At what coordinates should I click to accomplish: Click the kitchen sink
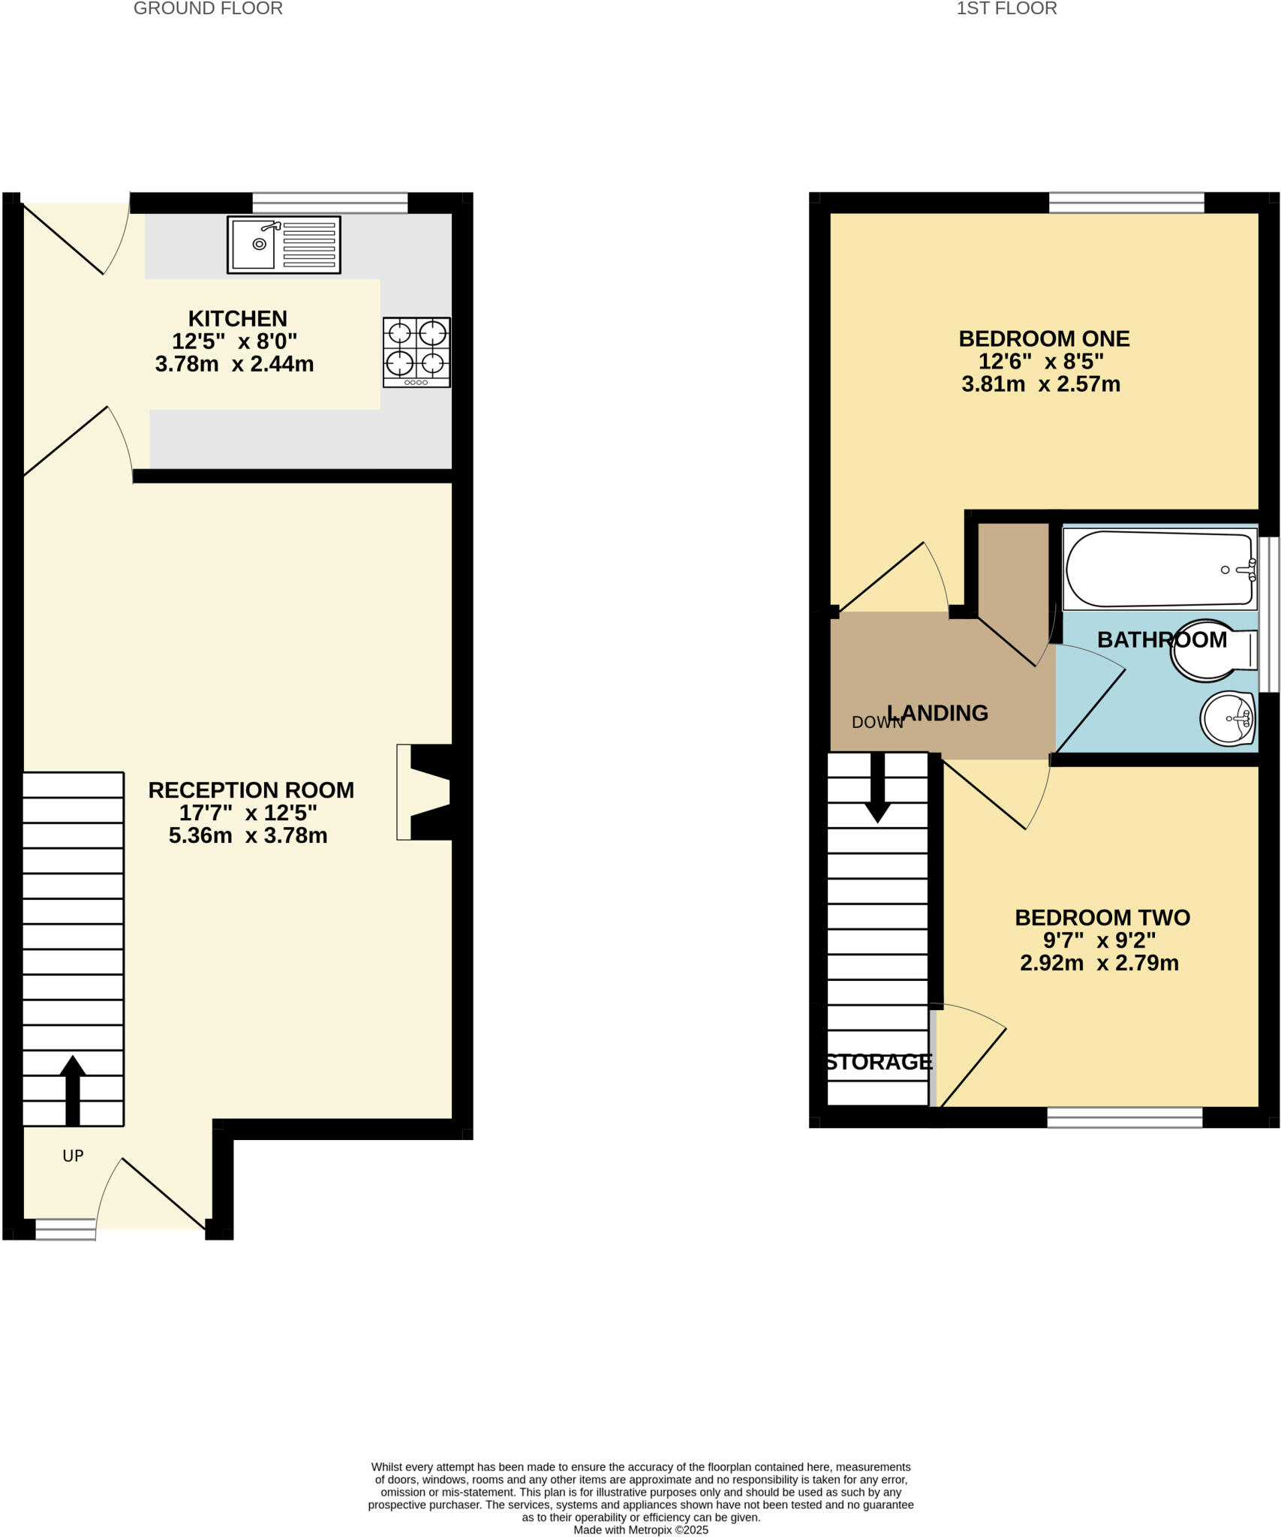point(283,245)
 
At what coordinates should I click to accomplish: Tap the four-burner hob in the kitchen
point(416,352)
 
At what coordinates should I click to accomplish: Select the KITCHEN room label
point(237,318)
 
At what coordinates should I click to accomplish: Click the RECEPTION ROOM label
point(251,790)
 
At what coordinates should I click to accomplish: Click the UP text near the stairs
point(73,1156)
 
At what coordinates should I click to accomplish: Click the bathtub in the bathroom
point(1159,570)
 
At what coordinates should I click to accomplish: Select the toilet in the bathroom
point(1212,650)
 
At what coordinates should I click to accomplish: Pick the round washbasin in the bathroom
point(1228,718)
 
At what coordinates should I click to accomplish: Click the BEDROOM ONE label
point(1044,338)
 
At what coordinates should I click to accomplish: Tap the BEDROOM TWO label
point(1102,917)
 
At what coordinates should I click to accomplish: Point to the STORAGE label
point(879,1062)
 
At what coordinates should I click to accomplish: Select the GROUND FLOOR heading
point(208,9)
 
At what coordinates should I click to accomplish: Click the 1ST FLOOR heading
point(1006,9)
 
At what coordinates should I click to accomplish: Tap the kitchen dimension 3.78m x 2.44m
point(234,365)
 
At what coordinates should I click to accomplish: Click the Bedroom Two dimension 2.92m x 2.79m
point(1099,963)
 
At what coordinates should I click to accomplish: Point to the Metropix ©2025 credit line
point(640,1529)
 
